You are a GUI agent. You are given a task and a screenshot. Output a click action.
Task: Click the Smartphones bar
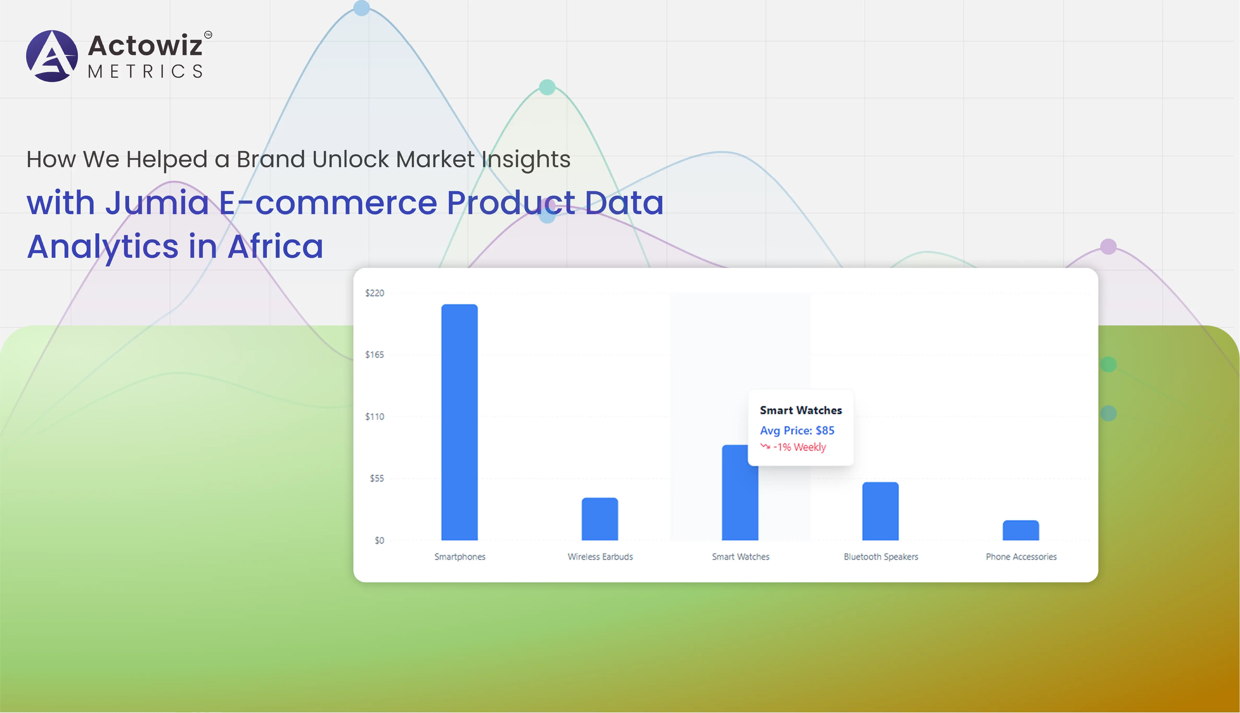tap(459, 422)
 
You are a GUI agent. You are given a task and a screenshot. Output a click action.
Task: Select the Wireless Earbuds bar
tap(600, 519)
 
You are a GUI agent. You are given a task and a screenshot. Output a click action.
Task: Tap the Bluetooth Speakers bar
tap(880, 511)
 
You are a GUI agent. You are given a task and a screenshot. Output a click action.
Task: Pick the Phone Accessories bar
tap(1021, 530)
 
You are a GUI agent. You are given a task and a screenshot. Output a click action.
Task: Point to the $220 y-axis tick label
tap(374, 293)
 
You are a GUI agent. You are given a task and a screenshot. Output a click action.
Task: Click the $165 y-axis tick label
tap(374, 355)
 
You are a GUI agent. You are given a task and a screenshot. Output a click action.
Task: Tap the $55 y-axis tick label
tap(377, 478)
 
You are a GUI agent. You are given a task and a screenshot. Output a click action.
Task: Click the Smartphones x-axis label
tap(460, 557)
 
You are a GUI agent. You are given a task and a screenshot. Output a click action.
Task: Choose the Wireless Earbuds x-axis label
tap(600, 557)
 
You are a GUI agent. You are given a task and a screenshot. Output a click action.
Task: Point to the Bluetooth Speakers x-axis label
tap(881, 557)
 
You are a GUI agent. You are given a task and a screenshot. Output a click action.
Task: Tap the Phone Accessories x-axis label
tap(1021, 557)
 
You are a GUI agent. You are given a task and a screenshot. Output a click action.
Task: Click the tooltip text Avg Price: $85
tap(797, 430)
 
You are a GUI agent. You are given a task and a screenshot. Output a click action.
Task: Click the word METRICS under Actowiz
tap(145, 72)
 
